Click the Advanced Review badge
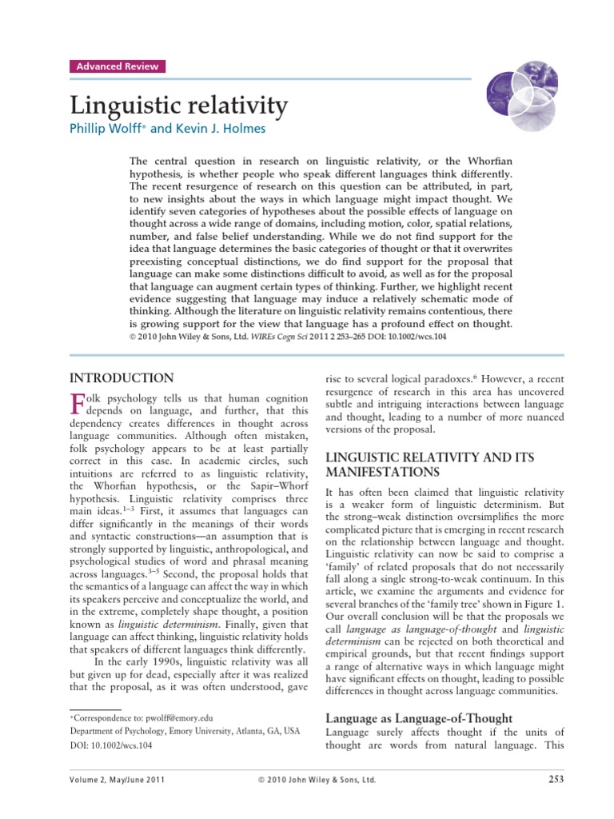tap(117, 66)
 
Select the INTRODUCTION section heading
tap(122, 378)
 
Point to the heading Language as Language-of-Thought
tap(419, 717)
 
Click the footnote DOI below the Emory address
tap(111, 745)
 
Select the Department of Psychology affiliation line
tap(185, 731)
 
